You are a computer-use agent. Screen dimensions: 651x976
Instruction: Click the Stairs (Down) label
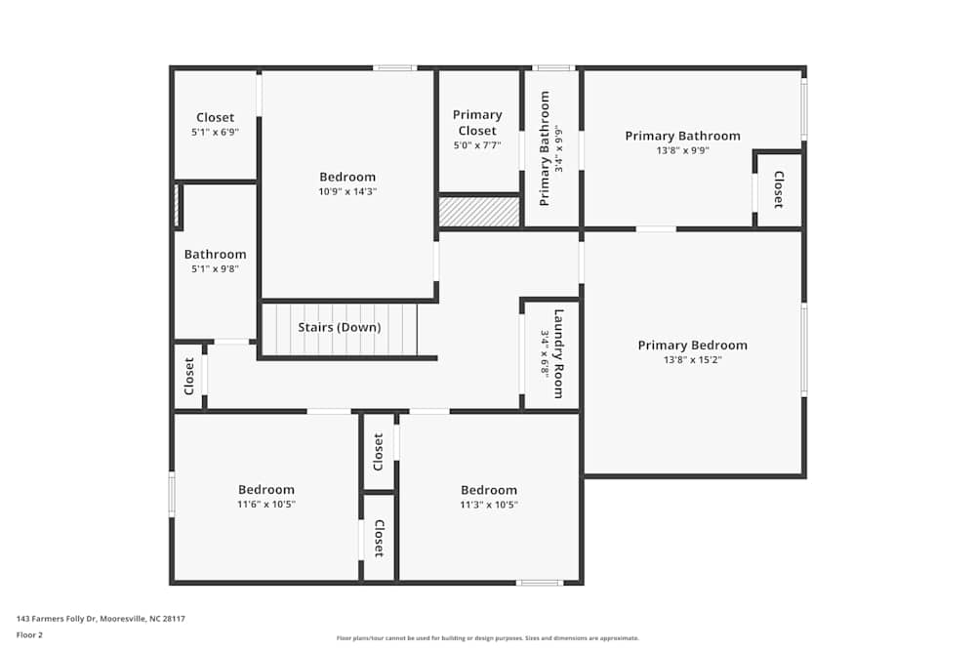click(x=340, y=327)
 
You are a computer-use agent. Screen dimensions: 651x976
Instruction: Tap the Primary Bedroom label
click(x=692, y=345)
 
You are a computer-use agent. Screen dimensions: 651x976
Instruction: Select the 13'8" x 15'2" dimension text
click(x=692, y=359)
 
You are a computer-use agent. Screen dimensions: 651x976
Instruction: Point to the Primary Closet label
click(x=477, y=122)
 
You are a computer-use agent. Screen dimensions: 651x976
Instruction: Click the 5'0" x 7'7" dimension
click(x=477, y=145)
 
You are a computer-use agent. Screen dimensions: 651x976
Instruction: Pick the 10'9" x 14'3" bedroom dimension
click(x=347, y=191)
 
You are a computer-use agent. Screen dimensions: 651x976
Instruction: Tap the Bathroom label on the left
click(x=215, y=255)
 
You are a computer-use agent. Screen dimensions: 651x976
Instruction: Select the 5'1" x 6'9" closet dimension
click(x=215, y=132)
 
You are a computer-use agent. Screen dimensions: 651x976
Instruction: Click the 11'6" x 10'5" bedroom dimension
click(x=266, y=505)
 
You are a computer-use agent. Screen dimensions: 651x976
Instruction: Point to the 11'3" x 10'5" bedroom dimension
click(x=489, y=505)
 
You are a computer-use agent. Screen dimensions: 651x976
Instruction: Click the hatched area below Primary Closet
click(x=478, y=212)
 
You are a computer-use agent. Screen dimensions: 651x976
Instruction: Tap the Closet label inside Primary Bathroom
click(x=778, y=189)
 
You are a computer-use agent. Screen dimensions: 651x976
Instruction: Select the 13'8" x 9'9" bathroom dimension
click(x=682, y=150)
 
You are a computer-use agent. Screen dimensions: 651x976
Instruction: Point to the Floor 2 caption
click(x=29, y=634)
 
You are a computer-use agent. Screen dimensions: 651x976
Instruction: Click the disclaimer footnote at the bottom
click(x=487, y=638)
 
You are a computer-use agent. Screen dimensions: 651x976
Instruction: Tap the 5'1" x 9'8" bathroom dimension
click(x=215, y=268)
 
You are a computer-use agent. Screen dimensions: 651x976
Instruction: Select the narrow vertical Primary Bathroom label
click(x=545, y=148)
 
